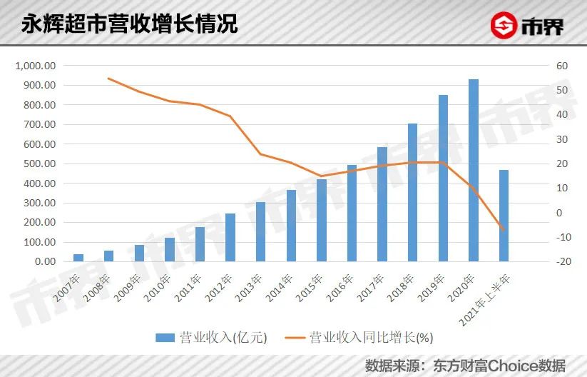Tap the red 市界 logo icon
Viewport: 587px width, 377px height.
[505, 26]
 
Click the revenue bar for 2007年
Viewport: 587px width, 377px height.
[78, 257]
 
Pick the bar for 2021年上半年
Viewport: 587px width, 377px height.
[504, 216]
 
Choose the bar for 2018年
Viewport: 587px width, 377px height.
[412, 192]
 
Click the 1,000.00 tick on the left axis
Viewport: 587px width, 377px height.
[35, 66]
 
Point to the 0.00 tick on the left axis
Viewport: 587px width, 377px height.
[44, 261]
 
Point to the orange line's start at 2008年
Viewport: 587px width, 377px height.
[108, 79]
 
